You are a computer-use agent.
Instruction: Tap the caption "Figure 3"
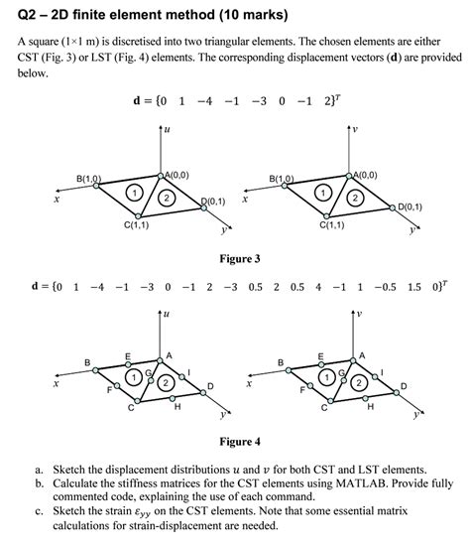(239, 259)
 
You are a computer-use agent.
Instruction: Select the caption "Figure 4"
(239, 441)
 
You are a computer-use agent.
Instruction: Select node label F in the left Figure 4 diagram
(96, 389)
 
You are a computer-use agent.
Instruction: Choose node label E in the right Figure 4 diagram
(319, 354)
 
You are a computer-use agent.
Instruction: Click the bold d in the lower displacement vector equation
(36, 287)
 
